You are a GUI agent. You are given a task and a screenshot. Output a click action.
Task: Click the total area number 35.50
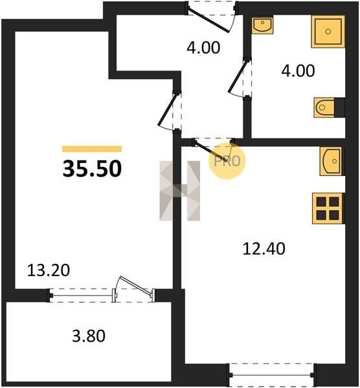(x=92, y=169)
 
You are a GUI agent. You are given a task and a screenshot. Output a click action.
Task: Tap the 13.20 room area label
(x=49, y=270)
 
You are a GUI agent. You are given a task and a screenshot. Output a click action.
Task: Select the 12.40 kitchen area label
(x=264, y=249)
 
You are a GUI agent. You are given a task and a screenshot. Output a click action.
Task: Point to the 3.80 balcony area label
(x=89, y=336)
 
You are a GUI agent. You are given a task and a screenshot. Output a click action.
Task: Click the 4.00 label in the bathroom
(x=298, y=70)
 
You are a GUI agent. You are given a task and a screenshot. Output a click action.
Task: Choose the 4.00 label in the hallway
(x=203, y=48)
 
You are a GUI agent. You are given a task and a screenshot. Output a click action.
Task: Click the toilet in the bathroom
(x=324, y=107)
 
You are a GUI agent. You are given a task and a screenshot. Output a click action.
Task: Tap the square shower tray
(x=328, y=32)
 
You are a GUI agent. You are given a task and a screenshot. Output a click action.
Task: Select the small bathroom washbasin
(x=263, y=25)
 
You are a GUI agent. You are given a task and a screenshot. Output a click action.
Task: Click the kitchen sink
(x=331, y=161)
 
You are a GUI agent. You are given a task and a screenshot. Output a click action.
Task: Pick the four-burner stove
(x=328, y=208)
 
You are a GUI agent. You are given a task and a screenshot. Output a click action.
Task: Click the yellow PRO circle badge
(x=227, y=161)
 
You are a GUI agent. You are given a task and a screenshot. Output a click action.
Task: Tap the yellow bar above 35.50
(x=92, y=149)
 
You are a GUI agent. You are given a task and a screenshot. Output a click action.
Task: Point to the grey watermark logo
(x=179, y=191)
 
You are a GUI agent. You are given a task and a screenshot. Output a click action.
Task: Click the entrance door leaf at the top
(x=208, y=20)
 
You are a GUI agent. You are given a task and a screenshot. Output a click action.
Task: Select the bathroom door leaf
(x=238, y=75)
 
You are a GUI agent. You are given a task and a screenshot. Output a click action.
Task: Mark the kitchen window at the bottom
(x=272, y=375)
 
